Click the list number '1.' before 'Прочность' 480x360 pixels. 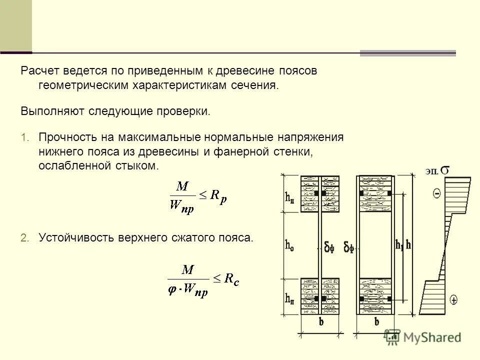pos(25,137)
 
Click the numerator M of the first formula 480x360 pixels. pos(183,186)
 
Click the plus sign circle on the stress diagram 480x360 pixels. pos(453,300)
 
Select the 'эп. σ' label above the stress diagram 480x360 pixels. pos(437,171)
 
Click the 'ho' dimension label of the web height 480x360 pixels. pos(289,245)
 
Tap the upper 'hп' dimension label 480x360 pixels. pos(289,197)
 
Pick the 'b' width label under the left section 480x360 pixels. pos(320,322)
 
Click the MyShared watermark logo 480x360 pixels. pos(423,337)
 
